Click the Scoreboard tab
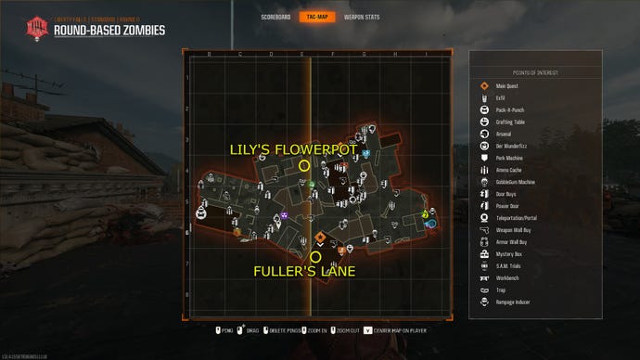275,17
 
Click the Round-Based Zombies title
109,30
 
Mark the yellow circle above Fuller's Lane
315,256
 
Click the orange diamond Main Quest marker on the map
320,237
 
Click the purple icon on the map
285,216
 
